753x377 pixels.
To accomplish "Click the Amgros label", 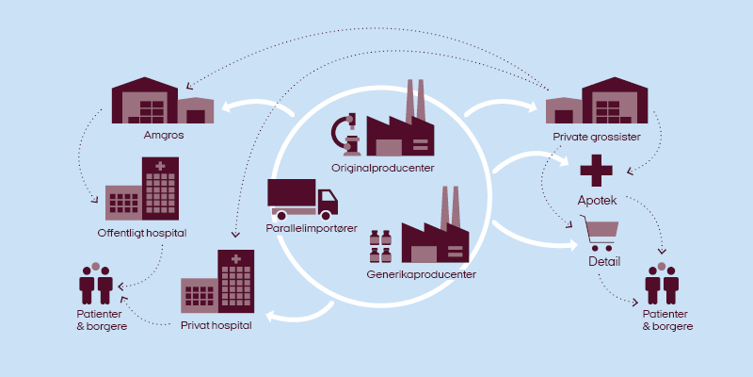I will click(158, 135).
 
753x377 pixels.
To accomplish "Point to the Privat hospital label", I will click(216, 325).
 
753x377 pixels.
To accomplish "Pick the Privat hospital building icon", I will click(217, 283).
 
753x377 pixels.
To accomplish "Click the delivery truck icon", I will click(302, 198).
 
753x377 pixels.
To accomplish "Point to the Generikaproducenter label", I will click(421, 274).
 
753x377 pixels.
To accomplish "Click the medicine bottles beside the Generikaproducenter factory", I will click(381, 246).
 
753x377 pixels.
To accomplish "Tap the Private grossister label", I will click(597, 137).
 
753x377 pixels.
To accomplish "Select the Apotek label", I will click(597, 200).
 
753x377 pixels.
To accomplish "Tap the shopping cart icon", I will click(601, 231).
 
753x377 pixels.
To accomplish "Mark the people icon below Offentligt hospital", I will click(95, 282).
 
